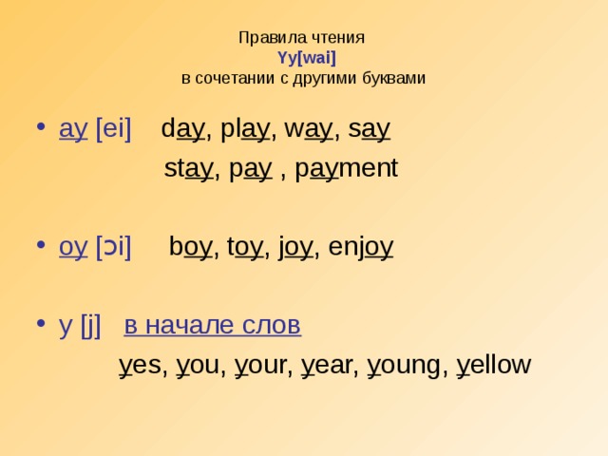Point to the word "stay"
tap(188, 170)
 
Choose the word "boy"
tap(190, 247)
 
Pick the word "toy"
tap(245, 247)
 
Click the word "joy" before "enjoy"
tap(294, 247)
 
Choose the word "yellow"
tap(494, 365)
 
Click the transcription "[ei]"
tap(113, 129)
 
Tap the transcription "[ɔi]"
tap(113, 247)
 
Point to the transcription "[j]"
tap(91, 325)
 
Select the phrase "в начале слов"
tap(213, 325)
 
